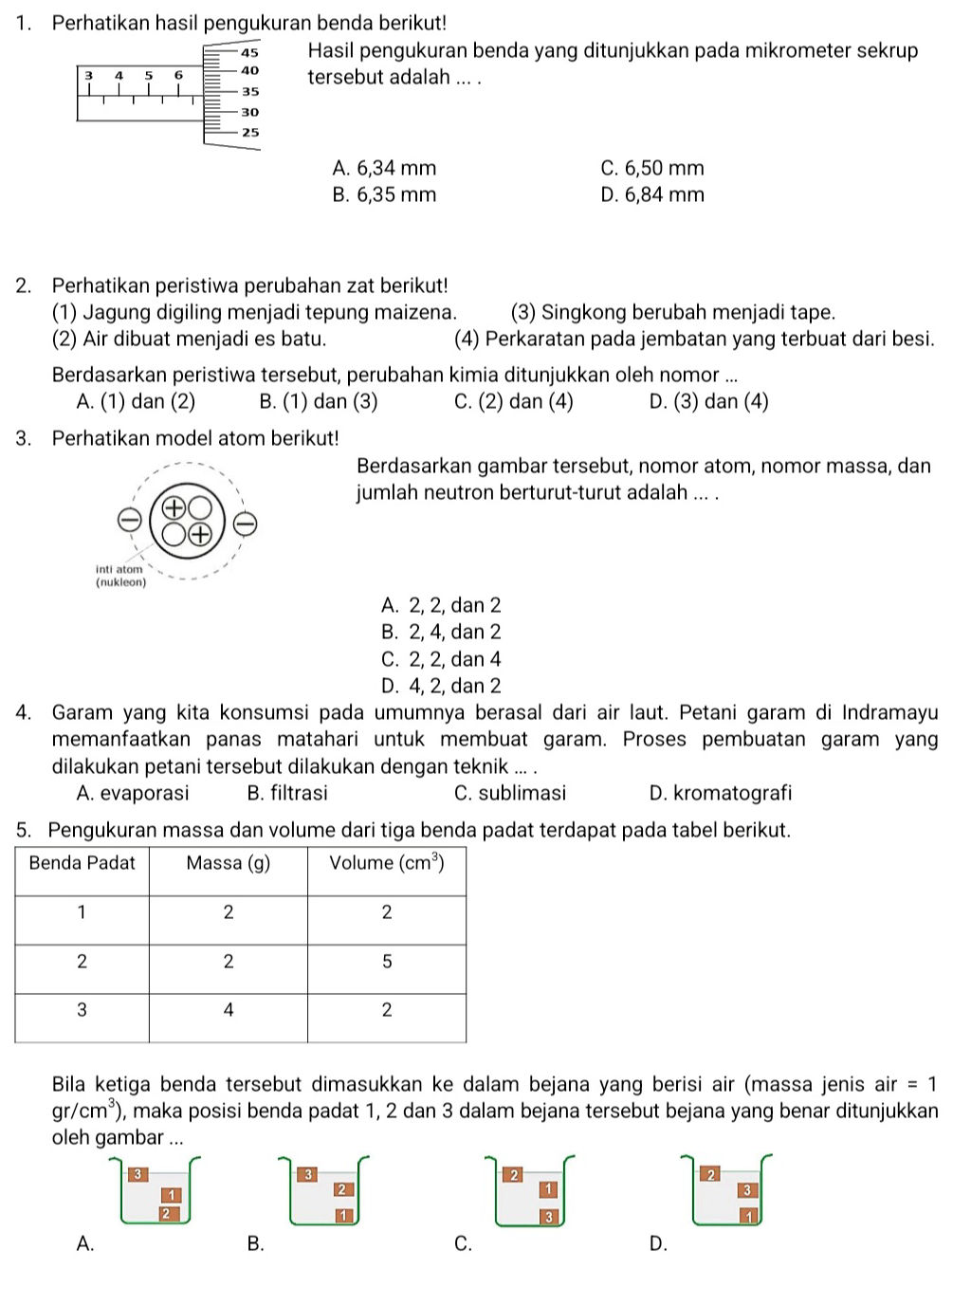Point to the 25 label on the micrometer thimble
tap(249, 133)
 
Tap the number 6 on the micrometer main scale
tap(177, 73)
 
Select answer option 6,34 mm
tap(385, 169)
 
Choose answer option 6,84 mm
tap(652, 195)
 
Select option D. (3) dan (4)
tap(708, 401)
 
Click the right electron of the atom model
tap(244, 523)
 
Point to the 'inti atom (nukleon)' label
tap(121, 576)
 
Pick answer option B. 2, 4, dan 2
tap(441, 633)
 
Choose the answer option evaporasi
tap(133, 793)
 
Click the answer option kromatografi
tap(721, 793)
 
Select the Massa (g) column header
tap(228, 863)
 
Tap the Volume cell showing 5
tap(386, 962)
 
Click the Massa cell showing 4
tap(228, 1010)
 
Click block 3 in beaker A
tap(136, 1174)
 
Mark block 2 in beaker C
tap(514, 1175)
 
